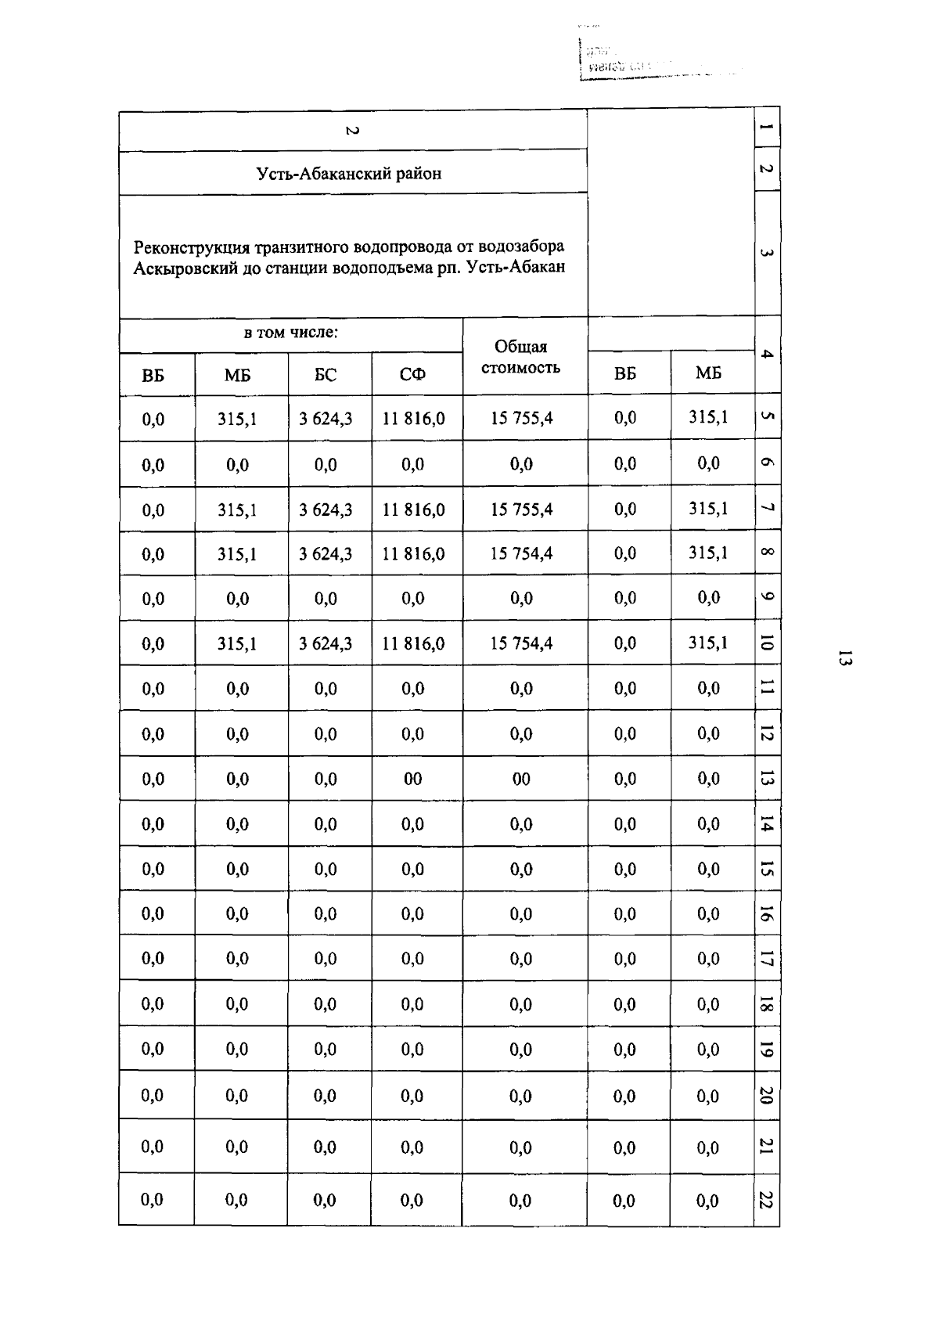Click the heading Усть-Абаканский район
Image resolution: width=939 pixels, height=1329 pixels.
click(349, 174)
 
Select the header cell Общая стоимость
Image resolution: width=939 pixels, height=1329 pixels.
click(521, 357)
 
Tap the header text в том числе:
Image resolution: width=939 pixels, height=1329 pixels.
click(290, 333)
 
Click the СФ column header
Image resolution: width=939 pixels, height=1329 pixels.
click(412, 375)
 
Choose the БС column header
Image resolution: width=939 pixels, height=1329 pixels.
click(326, 375)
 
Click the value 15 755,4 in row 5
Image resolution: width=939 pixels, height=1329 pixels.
click(521, 419)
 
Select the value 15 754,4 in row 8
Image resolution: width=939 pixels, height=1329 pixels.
click(521, 554)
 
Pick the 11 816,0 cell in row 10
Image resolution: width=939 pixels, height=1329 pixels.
click(413, 644)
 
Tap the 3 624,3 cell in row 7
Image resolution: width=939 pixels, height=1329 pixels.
click(326, 510)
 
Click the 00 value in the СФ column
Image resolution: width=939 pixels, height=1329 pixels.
click(412, 779)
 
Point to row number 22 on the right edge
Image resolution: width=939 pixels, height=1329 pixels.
click(767, 1199)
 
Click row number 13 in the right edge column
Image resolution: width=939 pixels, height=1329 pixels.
click(767, 778)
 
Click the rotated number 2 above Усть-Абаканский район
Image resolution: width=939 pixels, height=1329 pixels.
click(351, 131)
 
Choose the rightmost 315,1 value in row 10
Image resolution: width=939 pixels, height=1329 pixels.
click(708, 643)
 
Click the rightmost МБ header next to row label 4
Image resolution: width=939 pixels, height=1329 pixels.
click(708, 373)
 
